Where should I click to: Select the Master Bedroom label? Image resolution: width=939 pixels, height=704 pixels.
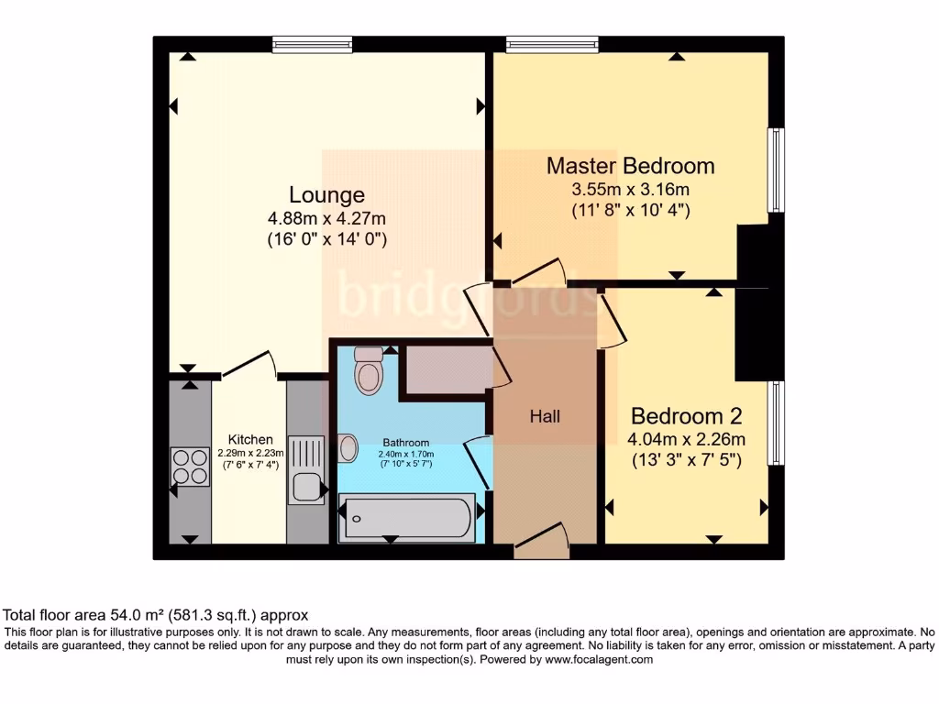click(630, 166)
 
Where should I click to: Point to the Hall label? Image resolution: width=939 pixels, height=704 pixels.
click(545, 416)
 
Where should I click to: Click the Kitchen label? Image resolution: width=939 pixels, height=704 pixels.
click(250, 440)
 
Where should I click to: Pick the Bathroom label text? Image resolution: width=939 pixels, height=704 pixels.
click(406, 443)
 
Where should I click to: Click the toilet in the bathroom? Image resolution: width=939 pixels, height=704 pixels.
click(369, 371)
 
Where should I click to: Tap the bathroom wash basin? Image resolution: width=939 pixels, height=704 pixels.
click(348, 448)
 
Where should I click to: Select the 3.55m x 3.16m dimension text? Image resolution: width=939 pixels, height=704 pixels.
click(630, 190)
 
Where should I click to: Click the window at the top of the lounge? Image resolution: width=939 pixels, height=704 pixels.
click(312, 43)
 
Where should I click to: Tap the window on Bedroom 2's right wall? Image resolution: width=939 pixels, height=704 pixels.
click(777, 423)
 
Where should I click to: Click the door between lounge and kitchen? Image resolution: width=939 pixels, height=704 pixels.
click(249, 366)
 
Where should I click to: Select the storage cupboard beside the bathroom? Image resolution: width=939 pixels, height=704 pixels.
click(446, 369)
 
